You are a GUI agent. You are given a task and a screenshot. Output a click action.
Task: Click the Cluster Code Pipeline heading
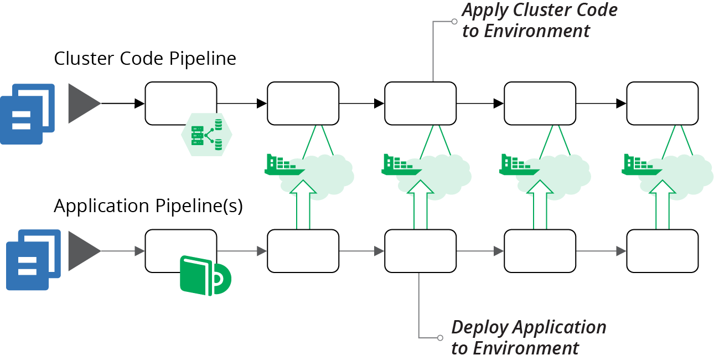pyautogui.click(x=145, y=59)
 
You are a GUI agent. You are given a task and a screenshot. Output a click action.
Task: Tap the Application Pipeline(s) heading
pyautogui.click(x=148, y=206)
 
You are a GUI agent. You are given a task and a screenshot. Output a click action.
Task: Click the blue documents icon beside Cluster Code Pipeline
pyautogui.click(x=27, y=114)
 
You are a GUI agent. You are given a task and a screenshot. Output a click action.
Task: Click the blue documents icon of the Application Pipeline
pyautogui.click(x=33, y=260)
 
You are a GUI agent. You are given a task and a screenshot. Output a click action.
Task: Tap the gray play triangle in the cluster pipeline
pyautogui.click(x=84, y=104)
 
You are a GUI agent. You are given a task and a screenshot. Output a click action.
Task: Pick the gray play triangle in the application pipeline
pyautogui.click(x=84, y=251)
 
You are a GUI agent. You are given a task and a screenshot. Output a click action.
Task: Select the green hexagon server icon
pyautogui.click(x=206, y=135)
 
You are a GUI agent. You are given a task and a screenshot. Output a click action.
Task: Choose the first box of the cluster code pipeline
pyautogui.click(x=180, y=104)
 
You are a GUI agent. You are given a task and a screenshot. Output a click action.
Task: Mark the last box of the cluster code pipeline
pyautogui.click(x=662, y=104)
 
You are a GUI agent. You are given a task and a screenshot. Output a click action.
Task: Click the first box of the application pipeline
pyautogui.click(x=180, y=251)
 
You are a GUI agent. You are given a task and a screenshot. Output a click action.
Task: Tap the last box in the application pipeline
pyautogui.click(x=662, y=251)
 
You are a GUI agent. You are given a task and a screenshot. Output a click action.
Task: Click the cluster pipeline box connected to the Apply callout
pyautogui.click(x=420, y=104)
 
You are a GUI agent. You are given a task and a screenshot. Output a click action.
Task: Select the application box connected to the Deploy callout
pyautogui.click(x=420, y=251)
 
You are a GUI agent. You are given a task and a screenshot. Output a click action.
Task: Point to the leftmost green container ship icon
pyautogui.click(x=283, y=165)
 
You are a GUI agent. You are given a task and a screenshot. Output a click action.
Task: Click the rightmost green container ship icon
pyautogui.click(x=642, y=165)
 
